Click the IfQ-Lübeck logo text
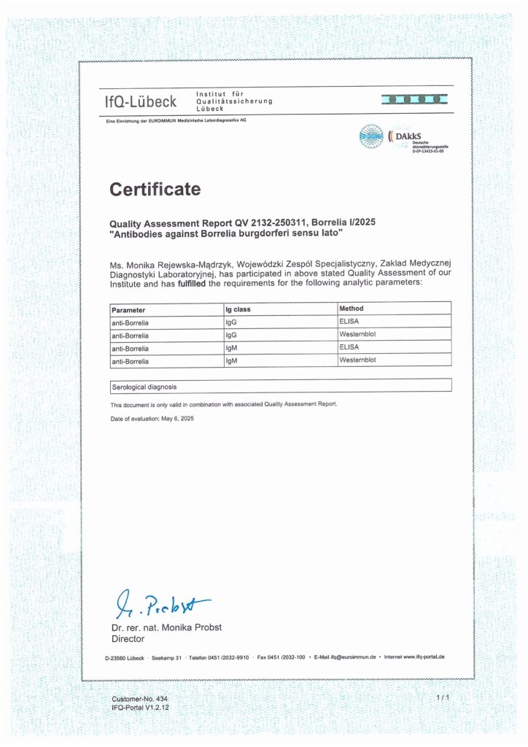141,102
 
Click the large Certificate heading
155,190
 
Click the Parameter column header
128,309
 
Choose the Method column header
352,309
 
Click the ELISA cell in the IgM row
349,347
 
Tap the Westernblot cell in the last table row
357,360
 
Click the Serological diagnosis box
280,385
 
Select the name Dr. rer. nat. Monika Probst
166,627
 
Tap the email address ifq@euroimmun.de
354,657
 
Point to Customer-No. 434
139,699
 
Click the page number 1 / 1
442,698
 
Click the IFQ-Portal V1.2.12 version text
142,708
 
